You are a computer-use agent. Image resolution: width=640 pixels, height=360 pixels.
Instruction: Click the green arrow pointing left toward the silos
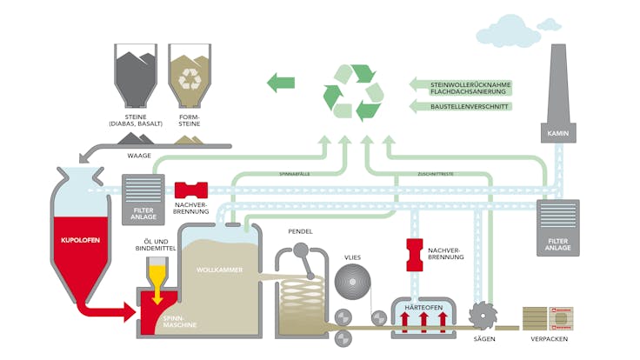click(280, 83)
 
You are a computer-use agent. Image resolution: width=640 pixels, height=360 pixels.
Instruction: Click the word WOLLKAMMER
click(217, 270)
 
